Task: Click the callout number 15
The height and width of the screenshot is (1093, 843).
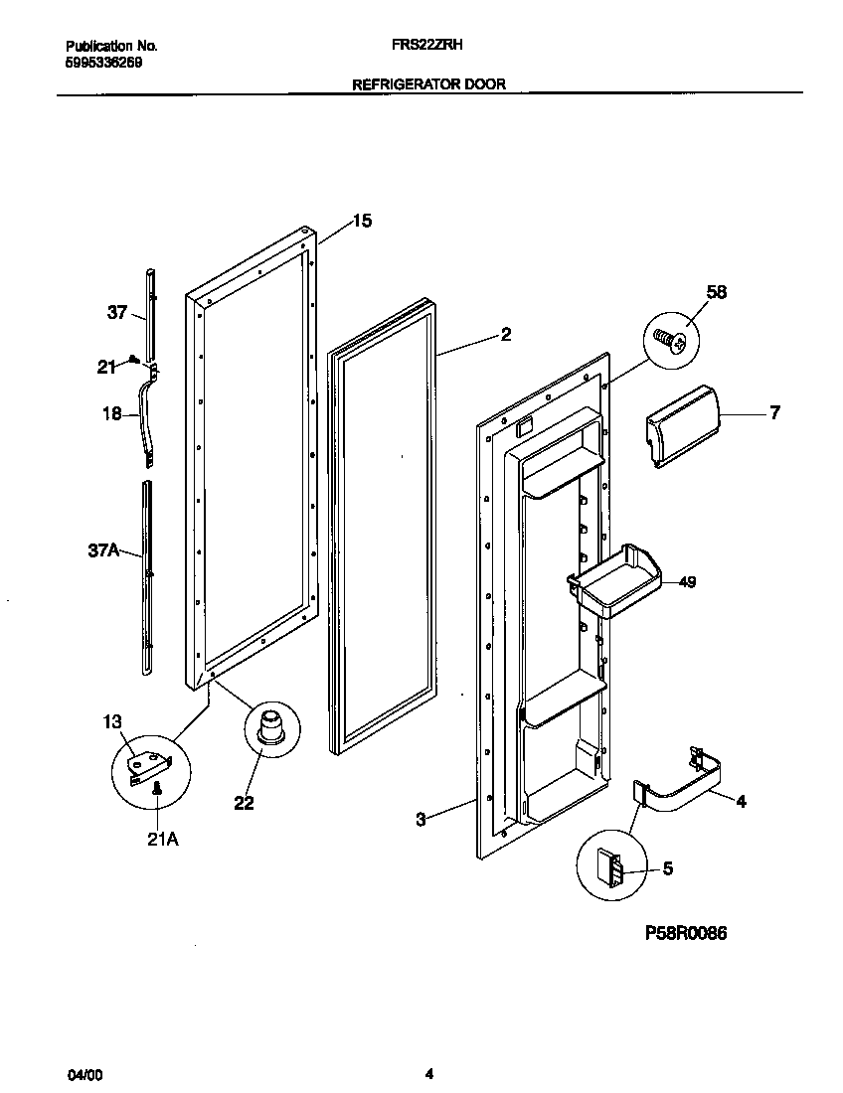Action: click(x=362, y=221)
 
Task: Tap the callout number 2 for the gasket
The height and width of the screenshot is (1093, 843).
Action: click(x=505, y=335)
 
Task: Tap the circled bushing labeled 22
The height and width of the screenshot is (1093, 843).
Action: click(x=268, y=728)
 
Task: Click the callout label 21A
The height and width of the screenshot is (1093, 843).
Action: click(x=163, y=839)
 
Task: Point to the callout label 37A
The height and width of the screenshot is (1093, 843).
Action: click(x=104, y=548)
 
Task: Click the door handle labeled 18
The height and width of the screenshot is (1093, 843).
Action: click(x=152, y=417)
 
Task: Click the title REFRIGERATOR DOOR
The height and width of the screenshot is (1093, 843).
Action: click(x=428, y=84)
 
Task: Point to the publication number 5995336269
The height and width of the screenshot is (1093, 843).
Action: click(x=103, y=61)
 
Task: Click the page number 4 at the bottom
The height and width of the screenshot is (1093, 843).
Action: click(x=428, y=1073)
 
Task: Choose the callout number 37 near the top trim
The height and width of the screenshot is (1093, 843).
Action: click(x=117, y=312)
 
